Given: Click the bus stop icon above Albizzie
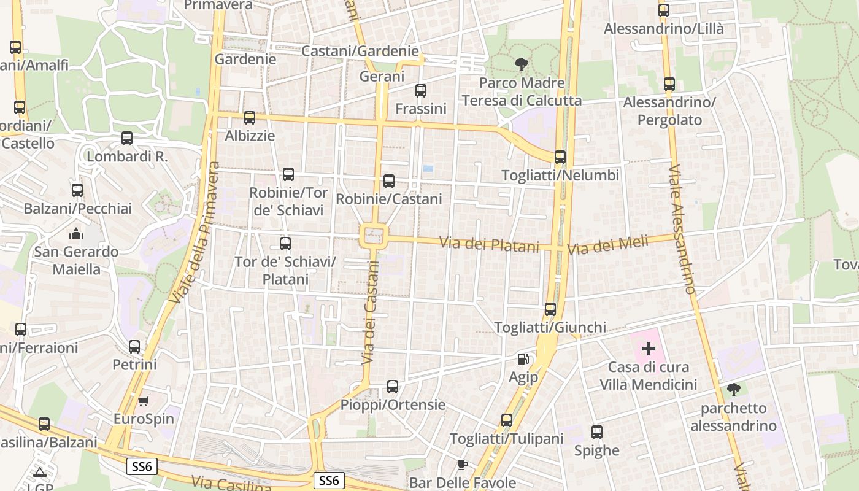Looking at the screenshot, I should pos(249,118).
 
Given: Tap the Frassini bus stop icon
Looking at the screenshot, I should pos(420,91).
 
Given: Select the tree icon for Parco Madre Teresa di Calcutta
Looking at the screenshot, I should pos(521,64).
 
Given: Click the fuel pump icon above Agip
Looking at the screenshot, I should pos(523,359).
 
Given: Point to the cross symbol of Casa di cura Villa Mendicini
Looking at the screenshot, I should pos(648,349).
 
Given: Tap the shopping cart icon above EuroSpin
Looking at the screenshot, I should pos(144,401).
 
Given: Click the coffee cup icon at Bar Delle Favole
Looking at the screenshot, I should pos(463,465).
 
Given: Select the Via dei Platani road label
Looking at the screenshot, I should pos(489,244).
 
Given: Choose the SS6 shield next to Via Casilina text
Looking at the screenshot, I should pos(328,481).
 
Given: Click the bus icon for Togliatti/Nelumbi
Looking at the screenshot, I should pos(560,157).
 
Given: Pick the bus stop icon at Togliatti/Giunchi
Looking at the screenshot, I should pos(550,309).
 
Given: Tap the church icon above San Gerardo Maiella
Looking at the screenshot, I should pos(76,234).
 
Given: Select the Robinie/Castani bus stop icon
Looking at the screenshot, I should pos(388,181).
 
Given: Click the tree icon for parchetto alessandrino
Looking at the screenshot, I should pos(733,390).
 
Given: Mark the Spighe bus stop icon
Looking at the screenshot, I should pos(596,432).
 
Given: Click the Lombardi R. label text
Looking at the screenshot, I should pos(127,157).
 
